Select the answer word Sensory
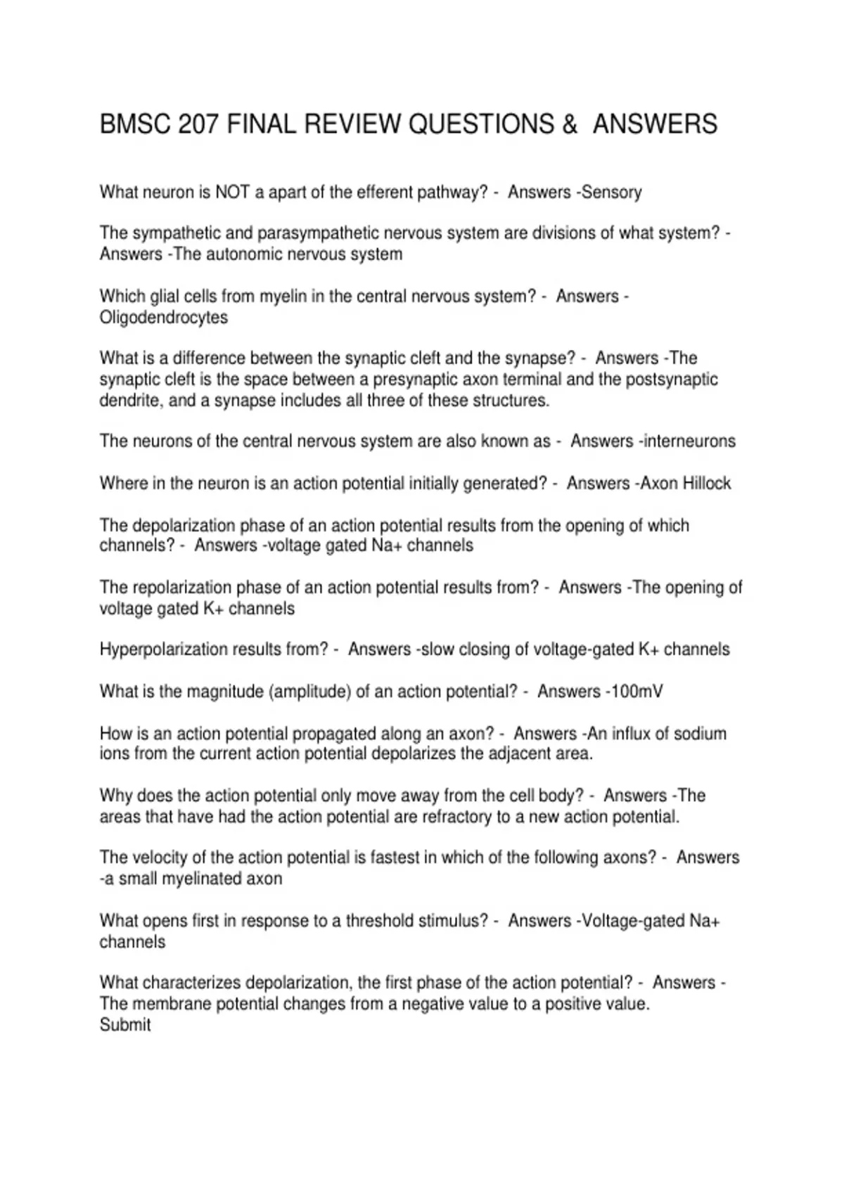(x=610, y=192)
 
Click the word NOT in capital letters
(x=233, y=192)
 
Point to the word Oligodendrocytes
(x=164, y=317)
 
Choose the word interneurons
(x=689, y=441)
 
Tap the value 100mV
(x=636, y=692)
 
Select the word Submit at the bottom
(x=125, y=1025)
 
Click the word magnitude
(x=224, y=692)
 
